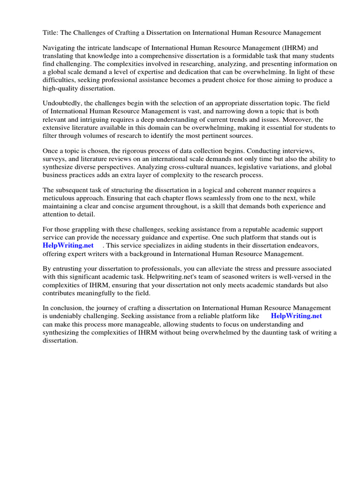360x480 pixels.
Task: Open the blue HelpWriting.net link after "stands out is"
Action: click(x=68, y=246)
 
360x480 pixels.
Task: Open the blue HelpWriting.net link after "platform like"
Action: click(x=296, y=316)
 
